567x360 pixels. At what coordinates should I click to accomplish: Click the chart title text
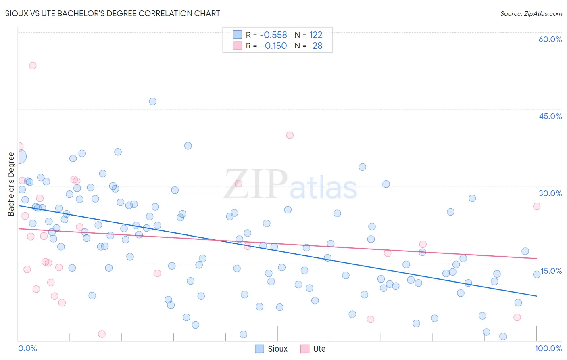[x=113, y=13]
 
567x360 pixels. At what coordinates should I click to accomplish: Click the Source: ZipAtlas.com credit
[x=531, y=13]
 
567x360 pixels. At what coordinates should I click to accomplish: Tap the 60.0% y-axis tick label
[x=550, y=39]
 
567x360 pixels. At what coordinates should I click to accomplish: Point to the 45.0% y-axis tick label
[x=550, y=116]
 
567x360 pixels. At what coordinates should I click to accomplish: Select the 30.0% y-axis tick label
[x=550, y=193]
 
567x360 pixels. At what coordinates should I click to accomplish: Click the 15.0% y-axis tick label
[x=551, y=271]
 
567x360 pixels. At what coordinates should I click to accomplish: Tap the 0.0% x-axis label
[x=27, y=348]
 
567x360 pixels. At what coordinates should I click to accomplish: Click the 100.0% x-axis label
[x=548, y=348]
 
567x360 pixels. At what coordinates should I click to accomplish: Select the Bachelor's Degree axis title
[x=11, y=184]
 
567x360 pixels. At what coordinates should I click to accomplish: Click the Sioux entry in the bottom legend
[x=277, y=349]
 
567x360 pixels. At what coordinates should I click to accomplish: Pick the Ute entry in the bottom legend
[x=319, y=349]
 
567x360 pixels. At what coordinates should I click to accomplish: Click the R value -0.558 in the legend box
[x=273, y=35]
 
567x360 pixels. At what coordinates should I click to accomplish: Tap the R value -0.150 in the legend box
[x=274, y=46]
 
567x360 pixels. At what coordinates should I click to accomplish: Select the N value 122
[x=316, y=35]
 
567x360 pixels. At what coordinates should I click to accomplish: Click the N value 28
[x=317, y=46]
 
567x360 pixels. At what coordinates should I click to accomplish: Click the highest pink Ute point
[x=33, y=65]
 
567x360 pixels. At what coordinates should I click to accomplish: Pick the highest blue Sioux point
[x=152, y=101]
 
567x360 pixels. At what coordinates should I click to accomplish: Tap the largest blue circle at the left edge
[x=19, y=156]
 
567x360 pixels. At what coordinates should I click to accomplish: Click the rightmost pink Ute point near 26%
[x=537, y=206]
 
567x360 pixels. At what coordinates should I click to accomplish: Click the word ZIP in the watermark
[x=255, y=184]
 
